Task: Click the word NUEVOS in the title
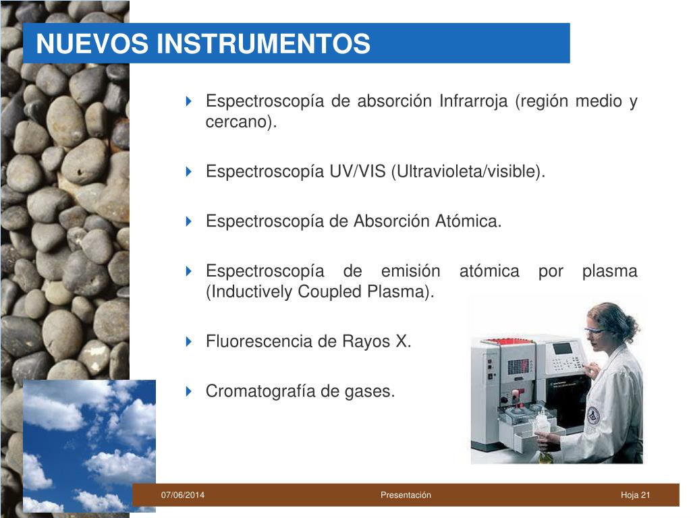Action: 92,44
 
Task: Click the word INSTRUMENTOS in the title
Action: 264,44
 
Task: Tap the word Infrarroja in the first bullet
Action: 473,101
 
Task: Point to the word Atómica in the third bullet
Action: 468,221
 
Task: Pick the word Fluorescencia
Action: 258,341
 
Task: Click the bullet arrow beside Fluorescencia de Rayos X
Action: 189,341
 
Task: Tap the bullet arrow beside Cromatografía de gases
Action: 189,391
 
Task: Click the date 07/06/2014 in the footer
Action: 182,495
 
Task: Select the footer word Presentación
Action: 406,495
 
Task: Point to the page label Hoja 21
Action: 635,495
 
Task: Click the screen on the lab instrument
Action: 563,349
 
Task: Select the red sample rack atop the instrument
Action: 507,341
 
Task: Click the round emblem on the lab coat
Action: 594,415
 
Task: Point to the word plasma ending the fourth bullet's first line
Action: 609,272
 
